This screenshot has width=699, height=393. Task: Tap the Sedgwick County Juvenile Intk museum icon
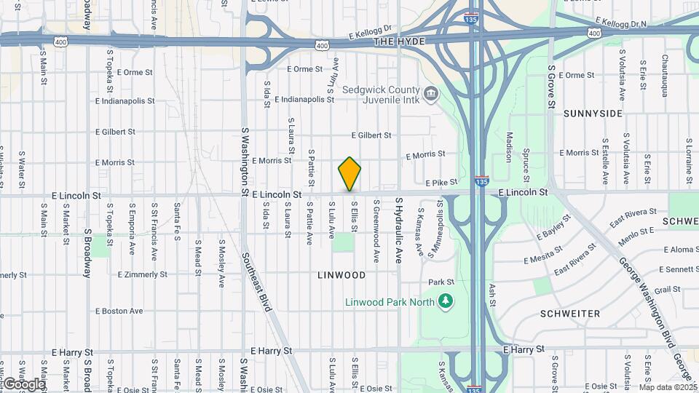pos(432,94)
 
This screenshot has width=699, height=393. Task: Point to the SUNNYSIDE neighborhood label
pos(593,114)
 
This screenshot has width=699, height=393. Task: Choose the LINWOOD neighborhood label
pos(341,275)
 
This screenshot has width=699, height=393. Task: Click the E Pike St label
pos(441,182)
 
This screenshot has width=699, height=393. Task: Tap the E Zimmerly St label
pos(142,275)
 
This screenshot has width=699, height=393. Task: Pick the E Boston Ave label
pos(119,311)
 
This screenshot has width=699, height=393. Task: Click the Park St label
pos(441,282)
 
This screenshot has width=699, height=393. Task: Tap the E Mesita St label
pos(540,254)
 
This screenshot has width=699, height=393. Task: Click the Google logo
pos(23,384)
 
